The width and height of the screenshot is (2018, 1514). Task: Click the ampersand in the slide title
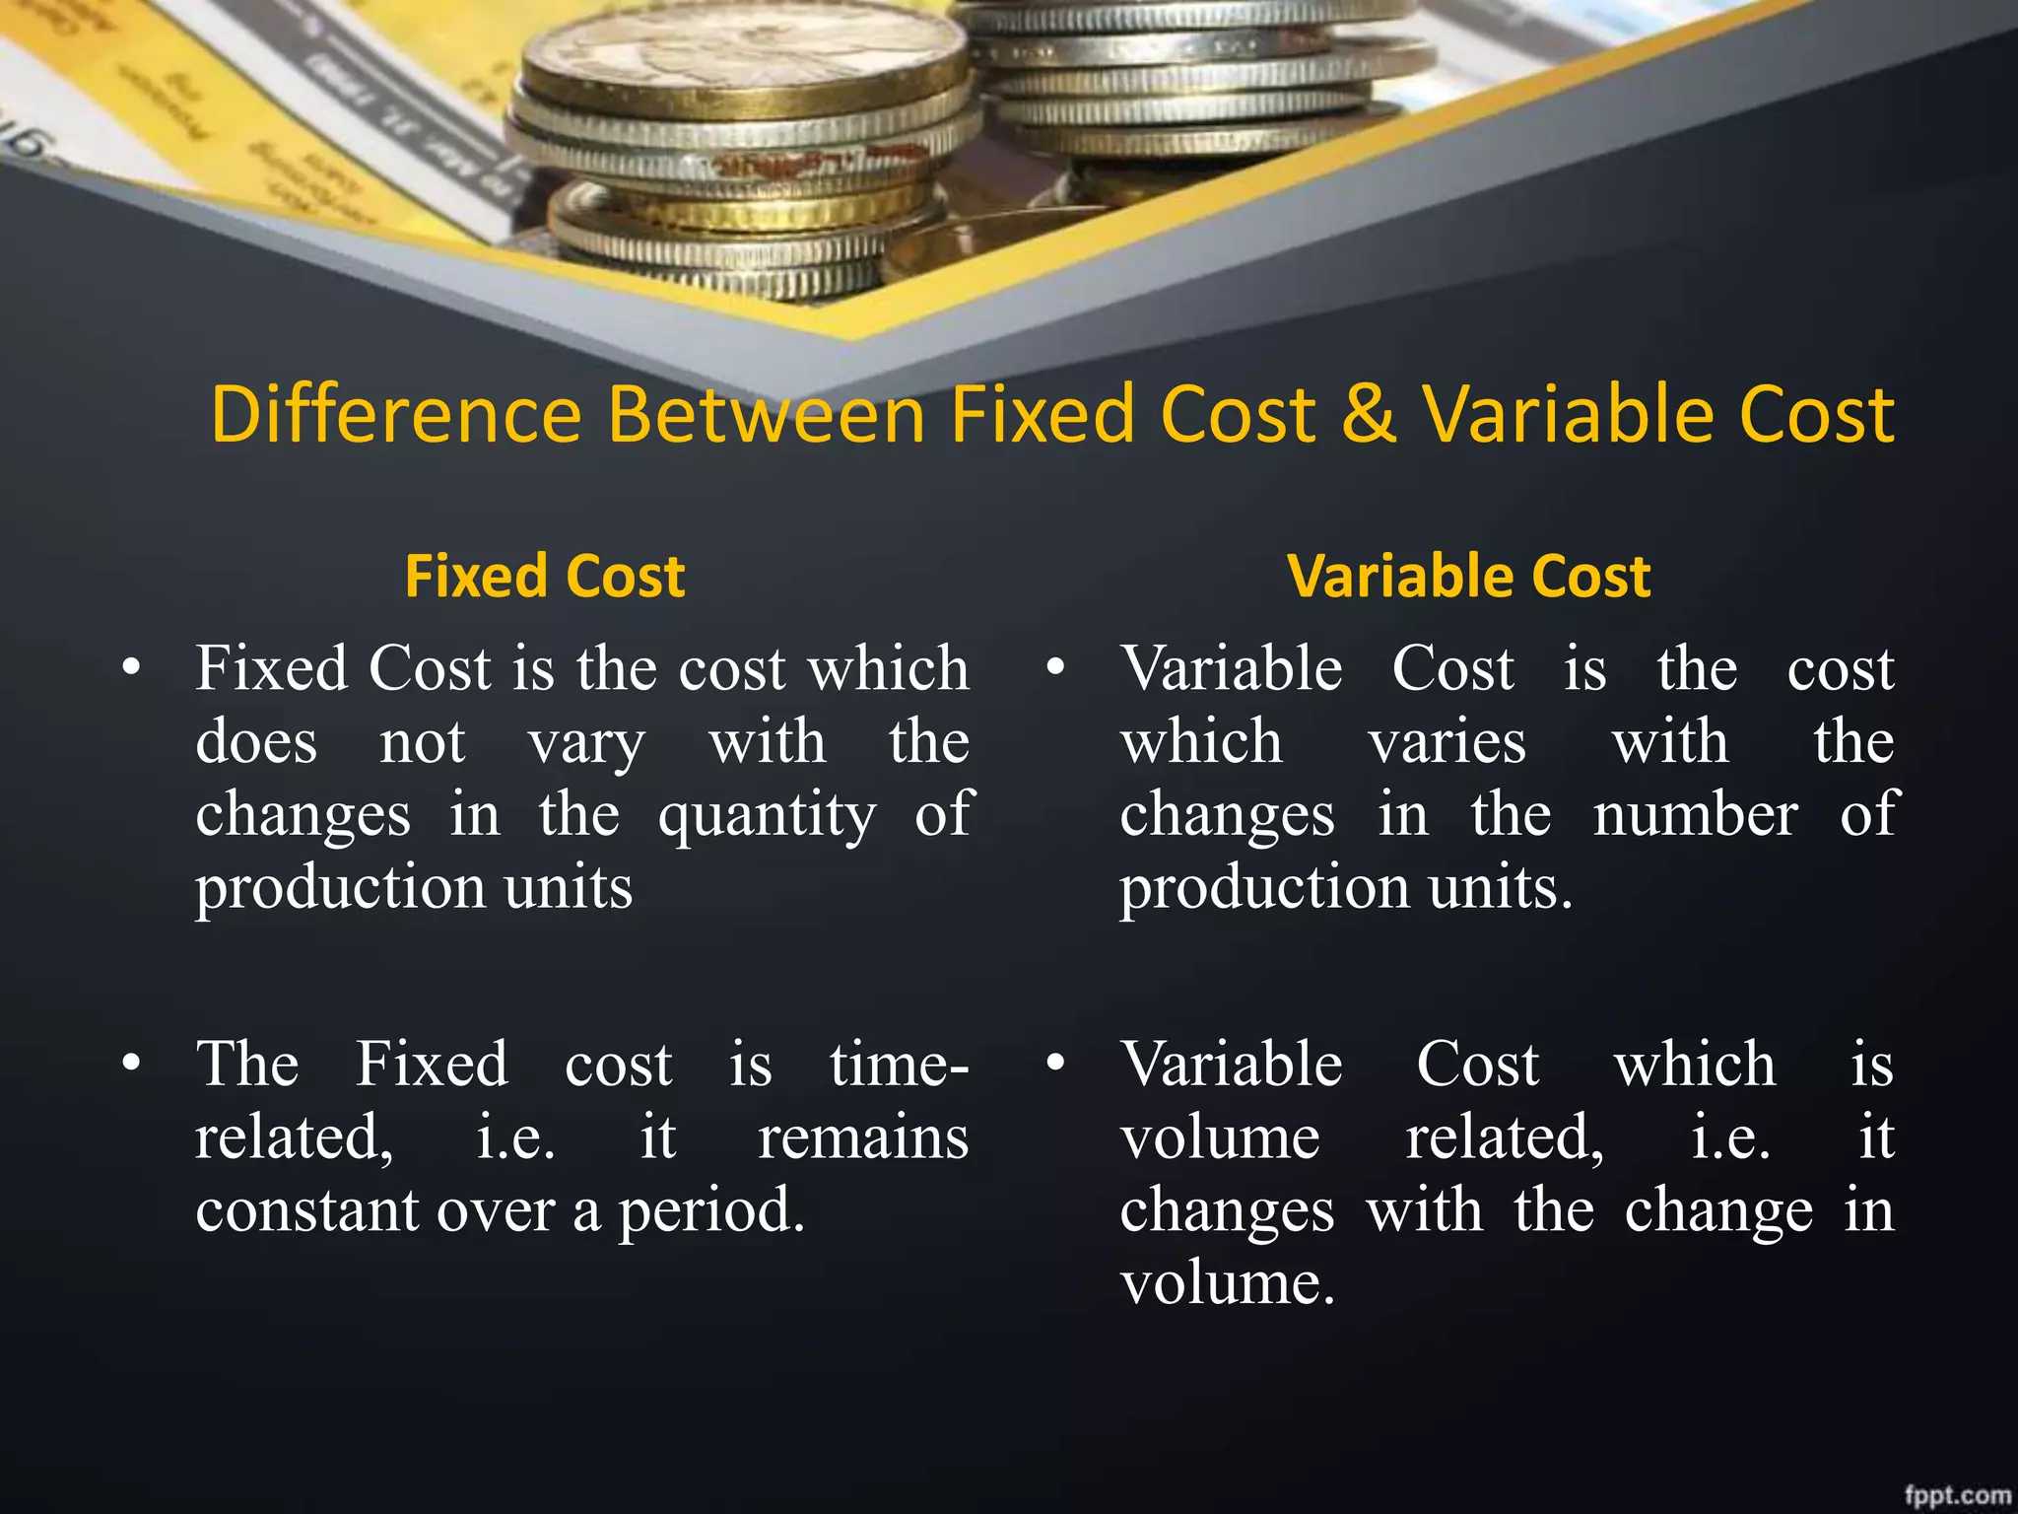coord(1369,414)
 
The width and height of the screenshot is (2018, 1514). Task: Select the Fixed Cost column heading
coord(545,576)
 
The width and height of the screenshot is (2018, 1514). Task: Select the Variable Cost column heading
coord(1468,576)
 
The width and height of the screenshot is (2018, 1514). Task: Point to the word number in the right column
coord(1695,816)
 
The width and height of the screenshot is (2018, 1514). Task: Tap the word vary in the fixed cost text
coord(586,745)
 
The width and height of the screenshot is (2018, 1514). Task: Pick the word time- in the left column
coord(899,1065)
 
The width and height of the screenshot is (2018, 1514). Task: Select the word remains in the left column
coord(863,1137)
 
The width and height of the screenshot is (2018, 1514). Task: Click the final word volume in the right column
coord(1227,1283)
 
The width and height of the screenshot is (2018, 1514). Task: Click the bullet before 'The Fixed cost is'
coord(131,1064)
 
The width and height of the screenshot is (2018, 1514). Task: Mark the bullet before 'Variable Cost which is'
coord(1055,1064)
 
